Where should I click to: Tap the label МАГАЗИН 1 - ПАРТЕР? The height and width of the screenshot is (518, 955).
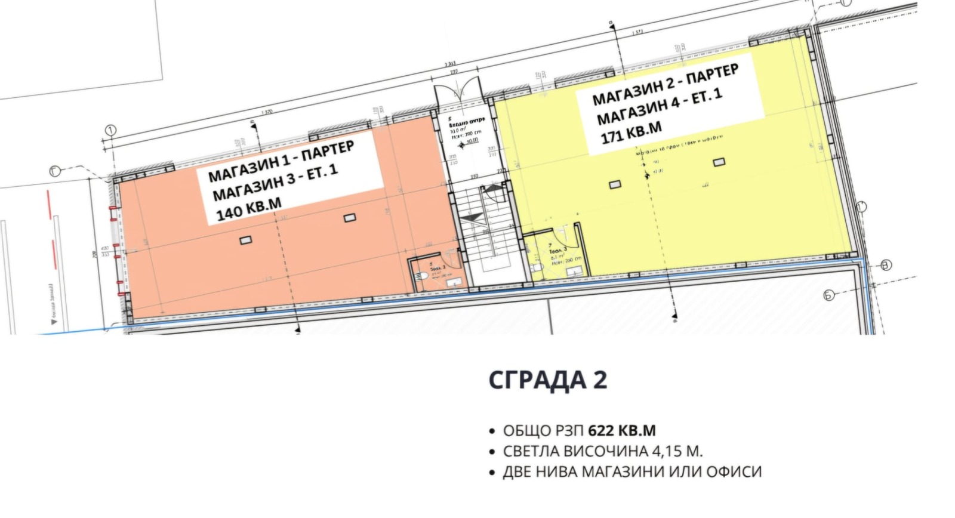click(281, 162)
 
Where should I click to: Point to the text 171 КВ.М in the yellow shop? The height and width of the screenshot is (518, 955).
click(631, 132)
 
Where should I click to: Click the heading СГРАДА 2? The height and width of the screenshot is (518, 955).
click(547, 380)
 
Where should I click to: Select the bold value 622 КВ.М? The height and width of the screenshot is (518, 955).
click(621, 430)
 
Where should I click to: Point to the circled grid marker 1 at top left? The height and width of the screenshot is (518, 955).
click(110, 130)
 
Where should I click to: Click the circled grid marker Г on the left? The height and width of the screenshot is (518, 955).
click(56, 172)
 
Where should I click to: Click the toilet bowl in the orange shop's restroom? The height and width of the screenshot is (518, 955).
click(423, 276)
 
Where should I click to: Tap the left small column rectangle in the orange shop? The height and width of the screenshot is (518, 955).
click(245, 240)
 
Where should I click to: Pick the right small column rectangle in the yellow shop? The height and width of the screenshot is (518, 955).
click(719, 162)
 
